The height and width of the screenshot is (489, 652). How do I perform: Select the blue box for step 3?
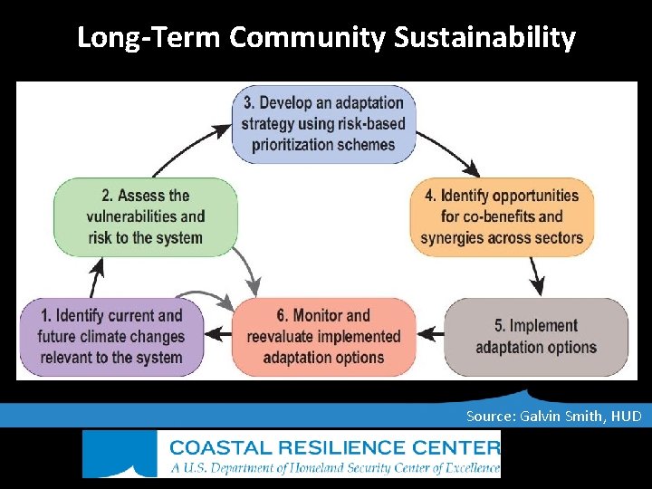pos(323,124)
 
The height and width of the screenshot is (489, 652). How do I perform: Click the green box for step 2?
pos(145,216)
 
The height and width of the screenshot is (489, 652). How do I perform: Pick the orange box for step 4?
pos(501,216)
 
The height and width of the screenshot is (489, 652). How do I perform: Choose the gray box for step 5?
pos(535,336)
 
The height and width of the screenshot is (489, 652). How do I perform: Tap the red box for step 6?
pos(323,336)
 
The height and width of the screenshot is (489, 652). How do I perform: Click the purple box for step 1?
pos(111,336)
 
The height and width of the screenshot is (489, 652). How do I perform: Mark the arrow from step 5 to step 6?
pos(432,333)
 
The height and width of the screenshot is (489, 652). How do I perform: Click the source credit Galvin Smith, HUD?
pos(553,416)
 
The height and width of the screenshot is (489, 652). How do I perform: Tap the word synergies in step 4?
pos(455,237)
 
